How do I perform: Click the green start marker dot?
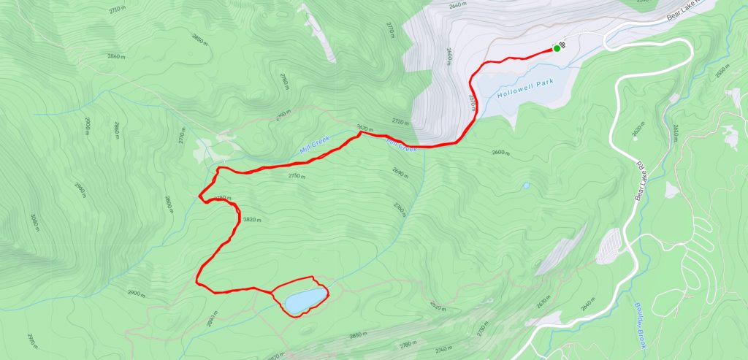pyautogui.click(x=557, y=48)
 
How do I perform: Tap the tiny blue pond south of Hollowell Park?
pyautogui.click(x=525, y=185)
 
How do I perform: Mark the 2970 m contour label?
pyautogui.click(x=31, y=340)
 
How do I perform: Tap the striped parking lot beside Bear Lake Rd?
pyautogui.click(x=609, y=245)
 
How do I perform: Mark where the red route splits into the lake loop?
pyautogui.click(x=271, y=292)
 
